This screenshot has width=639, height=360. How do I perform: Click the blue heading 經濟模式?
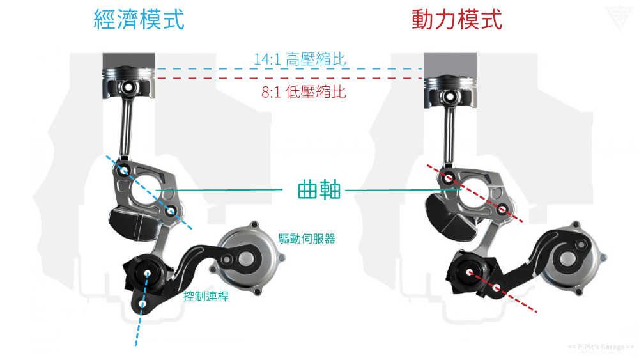click(139, 20)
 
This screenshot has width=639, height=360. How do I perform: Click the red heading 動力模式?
click(456, 20)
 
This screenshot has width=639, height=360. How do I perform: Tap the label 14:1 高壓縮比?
click(300, 59)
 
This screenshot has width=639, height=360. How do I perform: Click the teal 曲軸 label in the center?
click(319, 190)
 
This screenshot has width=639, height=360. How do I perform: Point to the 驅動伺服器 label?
click(307, 239)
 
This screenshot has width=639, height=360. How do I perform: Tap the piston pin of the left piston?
click(128, 86)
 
